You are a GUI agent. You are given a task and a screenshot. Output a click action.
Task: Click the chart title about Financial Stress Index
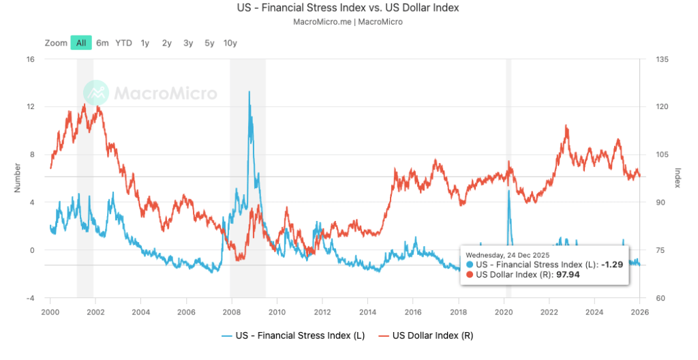[x=348, y=8]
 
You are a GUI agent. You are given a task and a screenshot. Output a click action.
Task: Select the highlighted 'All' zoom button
[x=81, y=43]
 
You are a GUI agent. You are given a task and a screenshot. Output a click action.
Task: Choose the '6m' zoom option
[x=102, y=43]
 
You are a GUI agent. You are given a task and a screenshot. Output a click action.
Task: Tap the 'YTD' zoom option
[x=123, y=43]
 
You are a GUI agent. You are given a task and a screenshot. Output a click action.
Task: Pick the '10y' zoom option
[x=230, y=43]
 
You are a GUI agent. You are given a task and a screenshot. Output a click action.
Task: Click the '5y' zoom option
[x=209, y=43]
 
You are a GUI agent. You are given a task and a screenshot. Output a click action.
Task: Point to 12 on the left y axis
[x=29, y=106]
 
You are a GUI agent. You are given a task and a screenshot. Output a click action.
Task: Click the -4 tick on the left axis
[x=29, y=298]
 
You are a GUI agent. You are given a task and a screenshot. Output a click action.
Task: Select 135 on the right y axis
[x=662, y=59]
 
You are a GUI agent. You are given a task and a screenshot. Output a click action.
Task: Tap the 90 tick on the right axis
[x=660, y=202]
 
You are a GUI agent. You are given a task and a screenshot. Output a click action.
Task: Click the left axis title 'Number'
[x=17, y=178]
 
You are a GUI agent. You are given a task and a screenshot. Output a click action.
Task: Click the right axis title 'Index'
[x=678, y=178]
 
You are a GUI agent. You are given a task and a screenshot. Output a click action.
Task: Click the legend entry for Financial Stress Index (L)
[x=290, y=335]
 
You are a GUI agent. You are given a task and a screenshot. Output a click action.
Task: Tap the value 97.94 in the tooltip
[x=568, y=275]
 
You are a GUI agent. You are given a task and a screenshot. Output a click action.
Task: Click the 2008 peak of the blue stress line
[x=249, y=91]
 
